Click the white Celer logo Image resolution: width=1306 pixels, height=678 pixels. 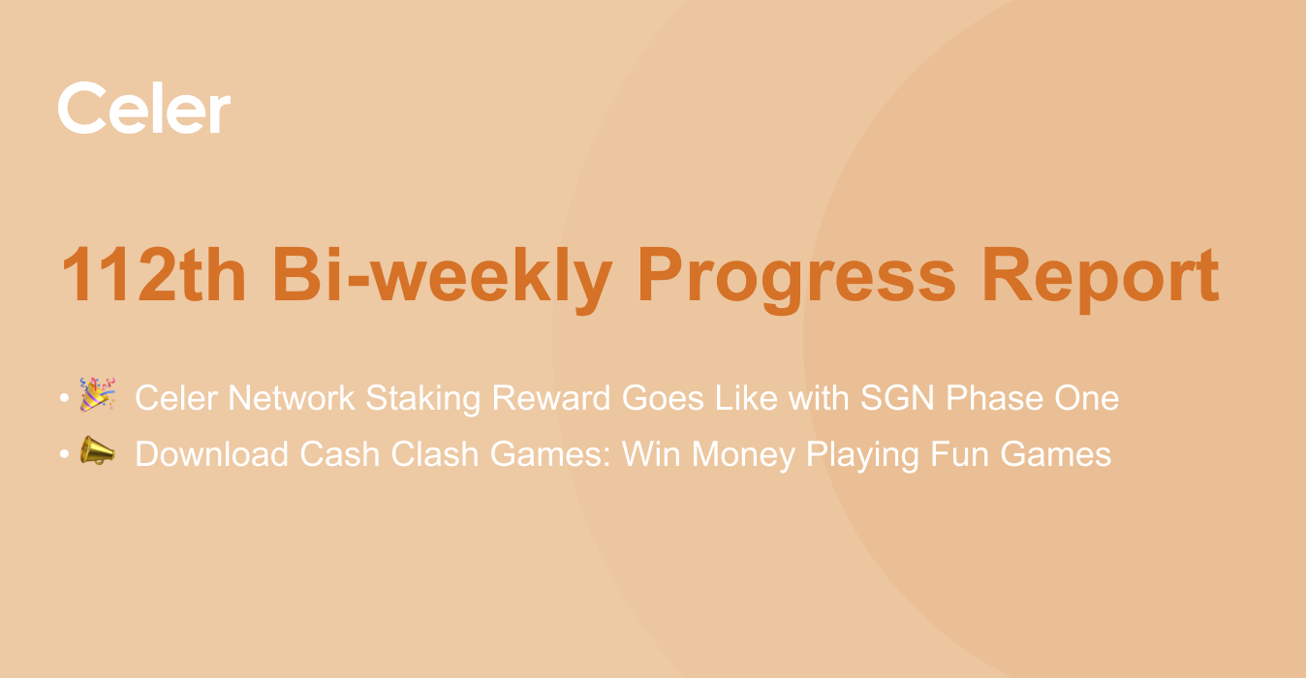pos(144,108)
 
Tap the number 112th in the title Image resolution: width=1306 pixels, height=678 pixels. pos(154,274)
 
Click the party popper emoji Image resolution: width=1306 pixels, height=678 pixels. pos(97,394)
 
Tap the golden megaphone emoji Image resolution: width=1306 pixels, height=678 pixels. pos(97,450)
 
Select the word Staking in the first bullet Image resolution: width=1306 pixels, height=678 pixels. pos(422,399)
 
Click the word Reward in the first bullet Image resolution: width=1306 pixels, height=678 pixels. pos(551,398)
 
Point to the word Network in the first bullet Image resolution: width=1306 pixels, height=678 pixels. pos(291,398)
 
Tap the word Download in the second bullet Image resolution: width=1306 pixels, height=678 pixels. pos(211,454)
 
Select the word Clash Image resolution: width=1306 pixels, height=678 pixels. pos(434,454)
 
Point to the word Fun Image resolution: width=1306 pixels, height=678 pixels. pos(959,454)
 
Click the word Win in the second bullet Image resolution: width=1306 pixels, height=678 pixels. pos(651,454)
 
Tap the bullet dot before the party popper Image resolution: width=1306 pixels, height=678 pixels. pos(64,398)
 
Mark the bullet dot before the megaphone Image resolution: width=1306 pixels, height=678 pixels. pos(64,454)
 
